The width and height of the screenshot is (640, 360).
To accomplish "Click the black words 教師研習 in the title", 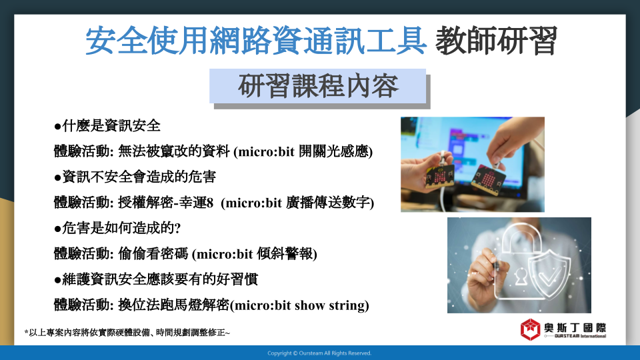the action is (x=496, y=41).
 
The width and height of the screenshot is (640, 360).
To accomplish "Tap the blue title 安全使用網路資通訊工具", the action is (x=256, y=41).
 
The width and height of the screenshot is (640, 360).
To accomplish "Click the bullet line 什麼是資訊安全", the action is (x=107, y=126).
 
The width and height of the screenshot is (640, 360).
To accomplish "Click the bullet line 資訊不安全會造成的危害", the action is (x=135, y=177).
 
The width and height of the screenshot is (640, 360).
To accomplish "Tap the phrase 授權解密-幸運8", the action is (x=166, y=203).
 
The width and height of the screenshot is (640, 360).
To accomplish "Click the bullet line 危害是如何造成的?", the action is (x=117, y=228).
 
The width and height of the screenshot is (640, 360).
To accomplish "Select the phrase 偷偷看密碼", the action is (x=153, y=254).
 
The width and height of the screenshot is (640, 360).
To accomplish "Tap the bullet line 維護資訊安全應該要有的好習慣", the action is (x=156, y=279).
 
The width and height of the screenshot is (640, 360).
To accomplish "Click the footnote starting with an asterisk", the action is (x=127, y=333).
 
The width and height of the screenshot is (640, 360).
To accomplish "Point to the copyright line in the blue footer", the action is (x=319, y=353).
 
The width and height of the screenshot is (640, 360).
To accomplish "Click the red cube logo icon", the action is (x=530, y=329).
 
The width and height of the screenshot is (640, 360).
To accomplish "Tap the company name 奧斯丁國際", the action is (x=575, y=328).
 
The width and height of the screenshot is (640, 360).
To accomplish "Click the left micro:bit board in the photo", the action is (x=439, y=176).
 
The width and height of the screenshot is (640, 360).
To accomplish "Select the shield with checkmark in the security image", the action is (x=549, y=272).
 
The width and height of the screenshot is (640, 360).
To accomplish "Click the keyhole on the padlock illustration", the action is (x=521, y=277).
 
